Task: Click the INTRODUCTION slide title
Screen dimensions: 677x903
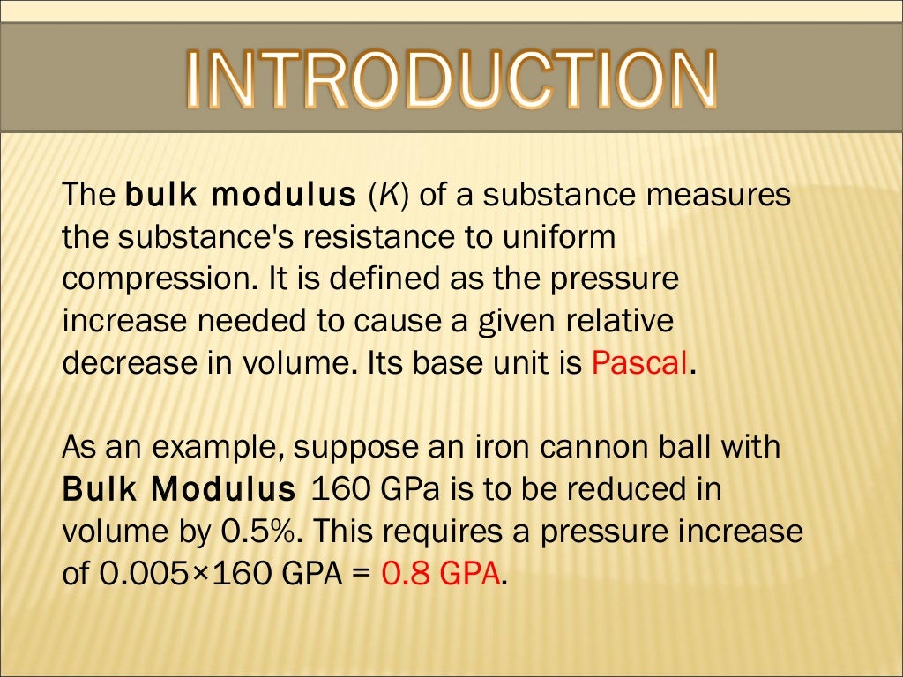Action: pos(451,80)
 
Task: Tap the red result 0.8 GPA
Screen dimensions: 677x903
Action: pos(441,574)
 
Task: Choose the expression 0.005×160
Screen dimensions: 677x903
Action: pos(185,574)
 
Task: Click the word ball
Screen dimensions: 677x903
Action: pos(693,447)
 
